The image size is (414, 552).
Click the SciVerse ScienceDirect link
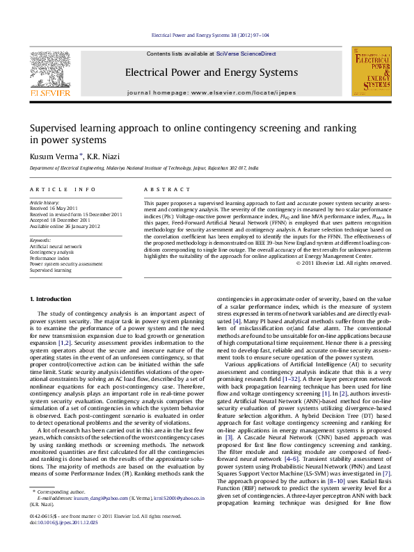point(246,54)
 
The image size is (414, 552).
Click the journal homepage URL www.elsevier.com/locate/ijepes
point(234,92)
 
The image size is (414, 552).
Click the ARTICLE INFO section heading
point(63,189)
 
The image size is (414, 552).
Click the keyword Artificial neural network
point(55,246)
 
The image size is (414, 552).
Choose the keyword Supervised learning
point(50,270)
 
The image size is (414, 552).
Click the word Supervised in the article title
point(55,129)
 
